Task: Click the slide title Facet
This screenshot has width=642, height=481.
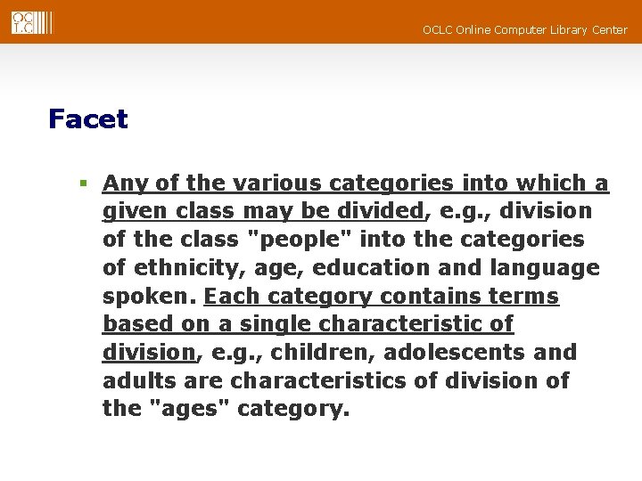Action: (x=88, y=119)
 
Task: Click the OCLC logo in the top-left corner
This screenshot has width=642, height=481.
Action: (x=32, y=22)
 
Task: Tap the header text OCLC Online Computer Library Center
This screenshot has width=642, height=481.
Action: (x=524, y=30)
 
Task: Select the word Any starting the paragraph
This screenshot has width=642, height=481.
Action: (x=123, y=184)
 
